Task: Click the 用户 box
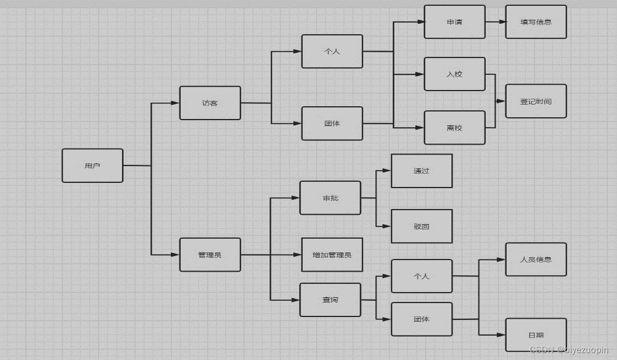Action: pos(92,165)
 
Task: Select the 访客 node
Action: pos(210,103)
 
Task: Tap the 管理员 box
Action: pos(210,254)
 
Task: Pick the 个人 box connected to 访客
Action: pos(332,51)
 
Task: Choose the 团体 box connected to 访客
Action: pos(332,123)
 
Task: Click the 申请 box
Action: pos(454,22)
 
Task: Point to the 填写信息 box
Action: pos(536,22)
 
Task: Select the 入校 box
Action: pos(454,74)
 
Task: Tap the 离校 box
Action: pos(454,127)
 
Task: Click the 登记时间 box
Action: pos(536,101)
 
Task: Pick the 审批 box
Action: pos(330,198)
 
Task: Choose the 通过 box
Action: pos(421,171)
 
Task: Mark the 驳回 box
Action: pos(421,226)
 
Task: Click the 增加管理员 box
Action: pos(332,254)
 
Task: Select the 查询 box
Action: pos(330,300)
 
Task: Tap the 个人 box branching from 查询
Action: pos(421,276)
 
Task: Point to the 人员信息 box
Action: pos(536,260)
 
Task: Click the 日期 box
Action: pos(536,334)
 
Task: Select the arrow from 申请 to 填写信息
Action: pos(495,22)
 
